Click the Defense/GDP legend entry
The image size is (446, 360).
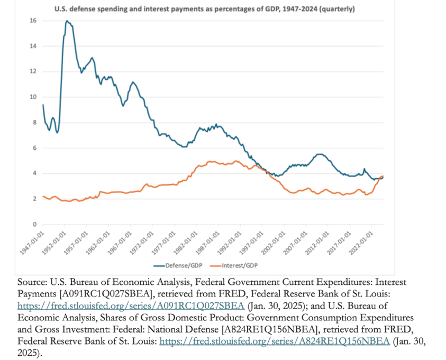[174, 265]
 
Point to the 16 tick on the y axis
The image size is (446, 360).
[33, 21]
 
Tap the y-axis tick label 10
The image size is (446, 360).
[33, 97]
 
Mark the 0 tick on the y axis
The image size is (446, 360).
[34, 224]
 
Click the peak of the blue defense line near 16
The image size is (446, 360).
[67, 21]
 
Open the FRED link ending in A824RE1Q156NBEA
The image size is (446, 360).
[275, 341]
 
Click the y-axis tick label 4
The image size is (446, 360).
[34, 173]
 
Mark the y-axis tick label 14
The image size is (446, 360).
[33, 46]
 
